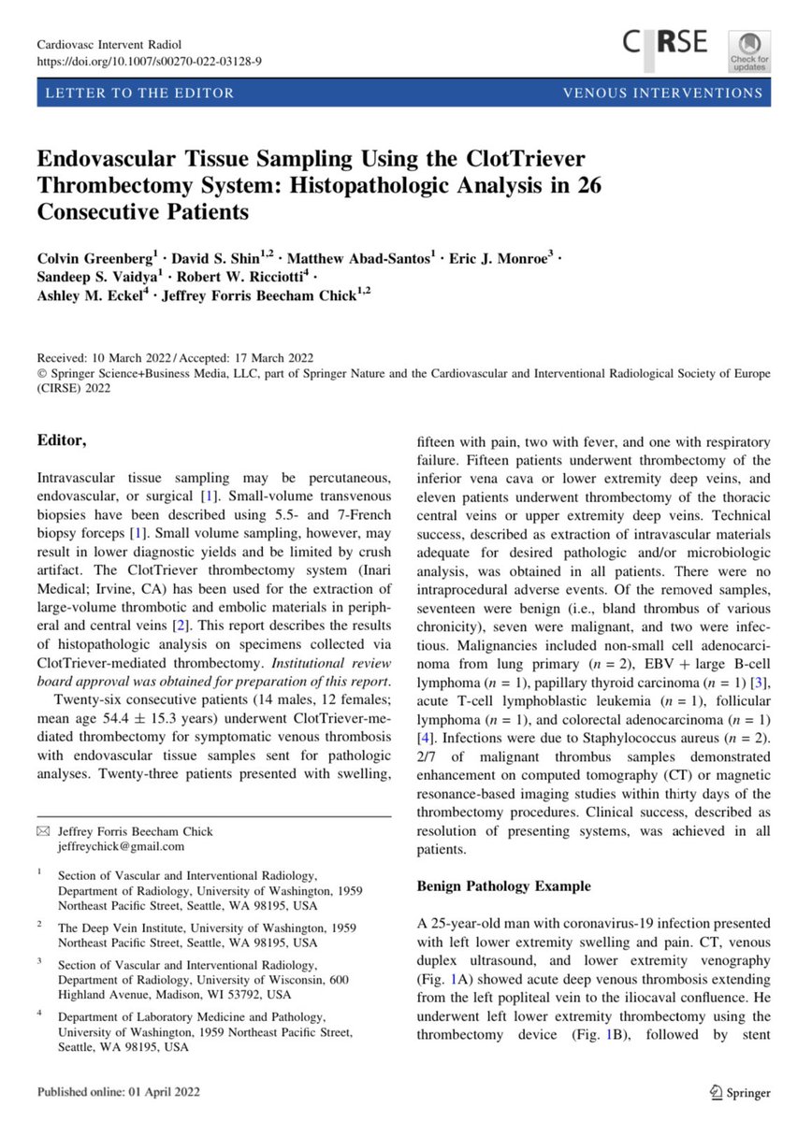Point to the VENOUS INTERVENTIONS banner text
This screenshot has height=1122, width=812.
point(662,93)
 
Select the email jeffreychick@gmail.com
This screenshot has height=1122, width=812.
point(122,846)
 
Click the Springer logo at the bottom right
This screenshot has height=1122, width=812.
point(741,1091)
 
